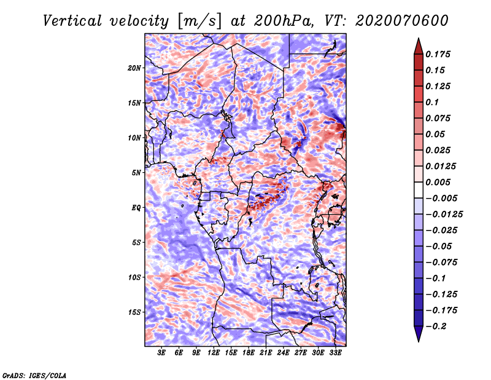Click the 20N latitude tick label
pos(134,68)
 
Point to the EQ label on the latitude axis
pos(136,208)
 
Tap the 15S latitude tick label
pos(134,312)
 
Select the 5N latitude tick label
pos(136,173)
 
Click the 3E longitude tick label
pos(161,353)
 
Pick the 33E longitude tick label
pos(335,353)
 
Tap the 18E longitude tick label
pos(248,353)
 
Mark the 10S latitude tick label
pos(134,277)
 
